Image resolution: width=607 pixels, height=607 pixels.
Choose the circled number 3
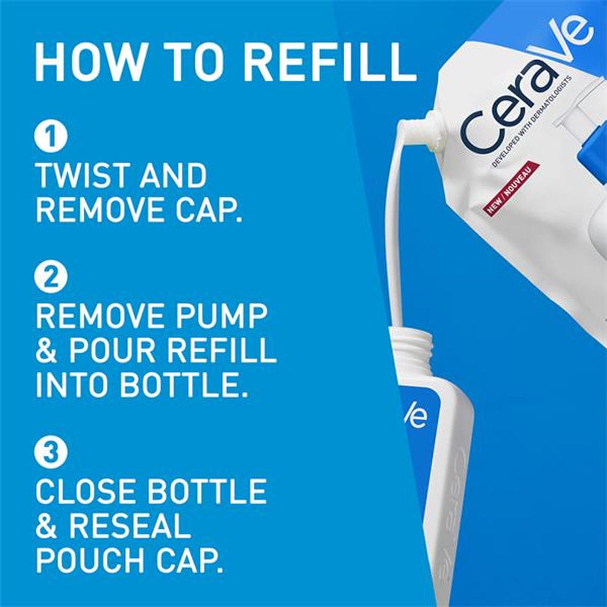click(x=49, y=453)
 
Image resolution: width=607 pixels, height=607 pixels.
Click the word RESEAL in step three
click(x=129, y=526)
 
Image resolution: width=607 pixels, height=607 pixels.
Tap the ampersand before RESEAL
click(x=47, y=526)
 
